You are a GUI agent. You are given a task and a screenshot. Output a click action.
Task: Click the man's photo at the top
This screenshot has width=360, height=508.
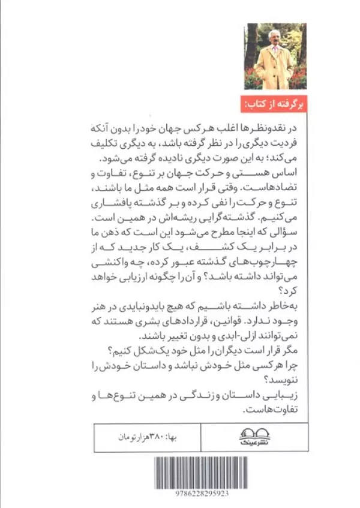pyautogui.click(x=275, y=56)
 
